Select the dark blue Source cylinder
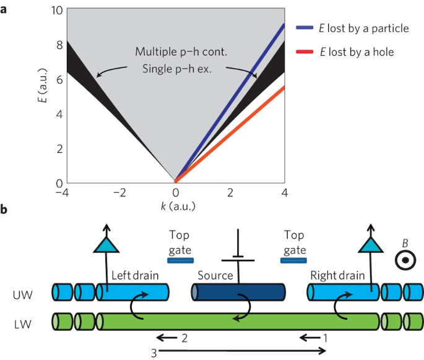(x=238, y=291)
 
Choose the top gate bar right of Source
(x=293, y=260)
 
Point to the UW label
(x=24, y=291)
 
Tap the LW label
(x=24, y=321)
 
